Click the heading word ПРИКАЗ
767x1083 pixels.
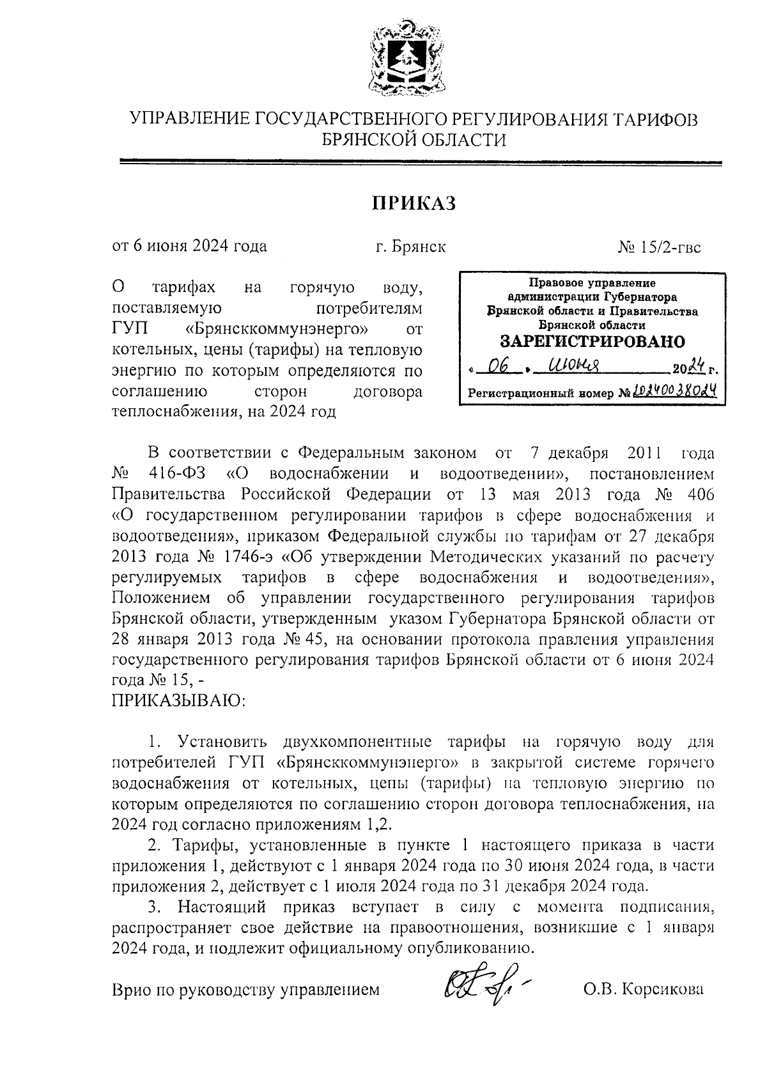point(414,203)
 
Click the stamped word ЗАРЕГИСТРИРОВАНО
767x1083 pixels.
point(591,341)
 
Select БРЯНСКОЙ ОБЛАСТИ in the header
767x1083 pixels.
point(414,139)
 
